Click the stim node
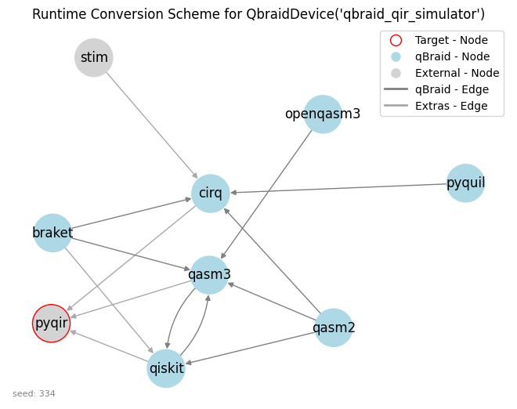click(x=94, y=58)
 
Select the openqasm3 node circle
click(x=323, y=114)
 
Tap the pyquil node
click(x=465, y=183)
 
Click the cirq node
click(x=211, y=194)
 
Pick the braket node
click(x=52, y=233)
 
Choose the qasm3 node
click(x=209, y=275)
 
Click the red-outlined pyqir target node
click(x=52, y=324)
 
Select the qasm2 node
click(x=334, y=328)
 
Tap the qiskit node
click(x=166, y=368)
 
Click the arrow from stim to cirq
click(x=152, y=125)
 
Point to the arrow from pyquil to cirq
click(x=338, y=188)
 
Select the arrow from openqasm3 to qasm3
click(x=266, y=194)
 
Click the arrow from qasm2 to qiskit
click(x=251, y=348)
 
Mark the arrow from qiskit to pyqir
click(x=109, y=346)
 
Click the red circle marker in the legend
click(x=396, y=40)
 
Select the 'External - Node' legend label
click(x=457, y=73)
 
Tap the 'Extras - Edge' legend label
click(x=451, y=106)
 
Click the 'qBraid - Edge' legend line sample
click(x=396, y=89)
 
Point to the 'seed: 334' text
click(x=34, y=393)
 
